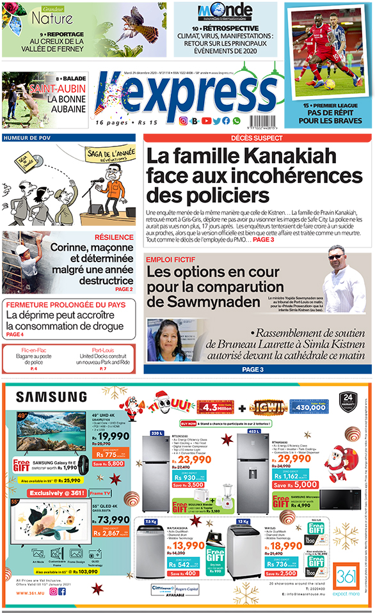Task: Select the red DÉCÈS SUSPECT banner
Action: click(257, 138)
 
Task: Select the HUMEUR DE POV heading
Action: click(26, 138)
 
